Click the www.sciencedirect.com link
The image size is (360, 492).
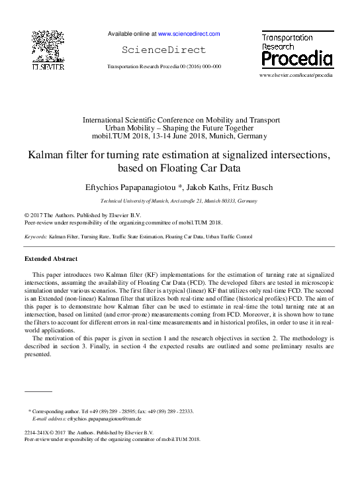[x=188, y=33]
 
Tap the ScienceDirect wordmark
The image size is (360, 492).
[x=164, y=50]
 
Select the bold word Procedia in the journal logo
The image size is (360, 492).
[x=296, y=59]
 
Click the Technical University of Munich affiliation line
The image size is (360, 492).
[x=179, y=201]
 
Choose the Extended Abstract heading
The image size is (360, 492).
[x=50, y=258]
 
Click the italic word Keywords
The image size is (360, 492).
[x=35, y=236]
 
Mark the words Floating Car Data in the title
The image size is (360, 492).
[x=208, y=168]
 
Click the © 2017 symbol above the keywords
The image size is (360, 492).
[x=32, y=216]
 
